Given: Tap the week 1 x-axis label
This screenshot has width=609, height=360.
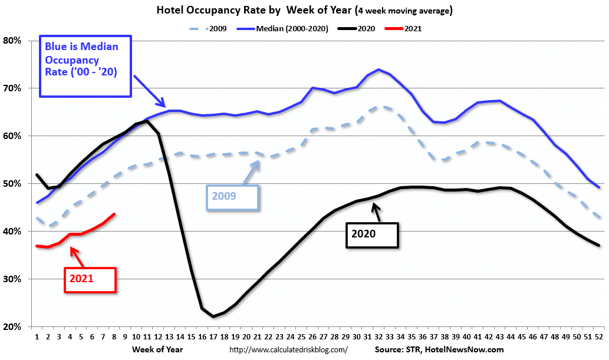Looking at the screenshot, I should [x=37, y=338].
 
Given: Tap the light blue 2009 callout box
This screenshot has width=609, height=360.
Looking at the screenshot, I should [x=232, y=197].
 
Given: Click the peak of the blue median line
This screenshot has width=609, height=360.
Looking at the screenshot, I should [x=378, y=70].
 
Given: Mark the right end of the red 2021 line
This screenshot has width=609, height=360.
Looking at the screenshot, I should [x=114, y=214].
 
